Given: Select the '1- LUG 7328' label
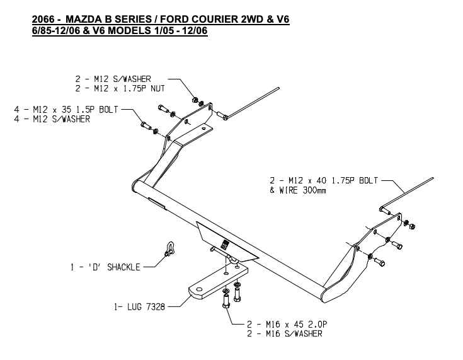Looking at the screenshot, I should [140, 308].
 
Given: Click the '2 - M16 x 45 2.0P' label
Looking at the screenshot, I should [287, 325].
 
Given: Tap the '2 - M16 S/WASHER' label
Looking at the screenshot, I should [285, 334].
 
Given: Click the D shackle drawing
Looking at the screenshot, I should [167, 248].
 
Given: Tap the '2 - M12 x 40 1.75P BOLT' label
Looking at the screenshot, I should [323, 180].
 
